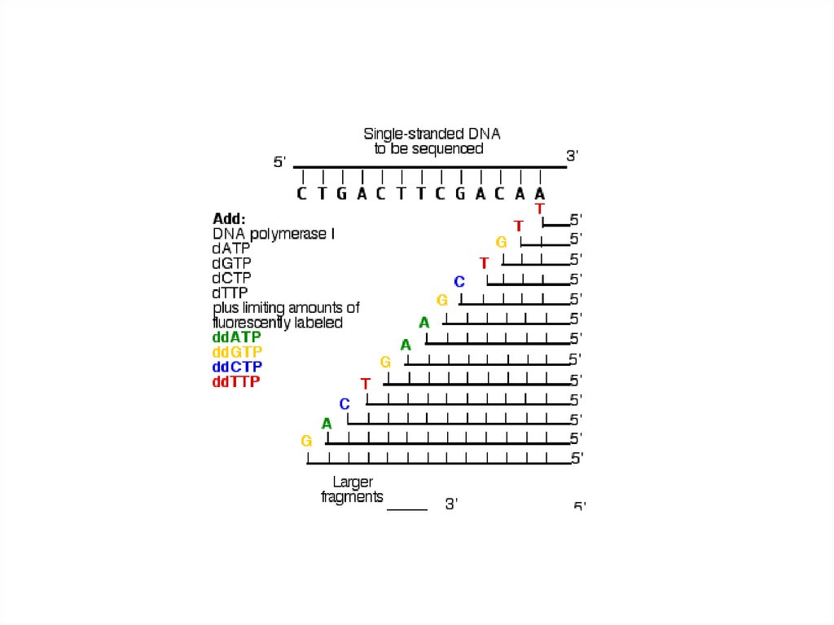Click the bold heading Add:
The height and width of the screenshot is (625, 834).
pos(229,218)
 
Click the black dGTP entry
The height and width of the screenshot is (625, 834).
pos(231,263)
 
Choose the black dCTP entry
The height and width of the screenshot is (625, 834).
pos(231,278)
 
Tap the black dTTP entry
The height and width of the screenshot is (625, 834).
pos(230,293)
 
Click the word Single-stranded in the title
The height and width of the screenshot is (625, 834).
pos(403,133)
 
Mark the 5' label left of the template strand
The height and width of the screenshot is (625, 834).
pos(279,163)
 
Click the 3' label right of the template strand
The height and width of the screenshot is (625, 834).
pos(572,155)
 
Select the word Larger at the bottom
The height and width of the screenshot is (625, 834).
pos(353,482)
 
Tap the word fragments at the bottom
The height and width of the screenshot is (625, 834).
pos(352,497)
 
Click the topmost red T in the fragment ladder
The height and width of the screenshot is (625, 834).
pos(539,209)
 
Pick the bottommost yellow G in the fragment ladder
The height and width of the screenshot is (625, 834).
pos(306,441)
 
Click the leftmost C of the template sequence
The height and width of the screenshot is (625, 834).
pos(301,194)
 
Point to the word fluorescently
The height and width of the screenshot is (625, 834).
pos(255,323)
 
